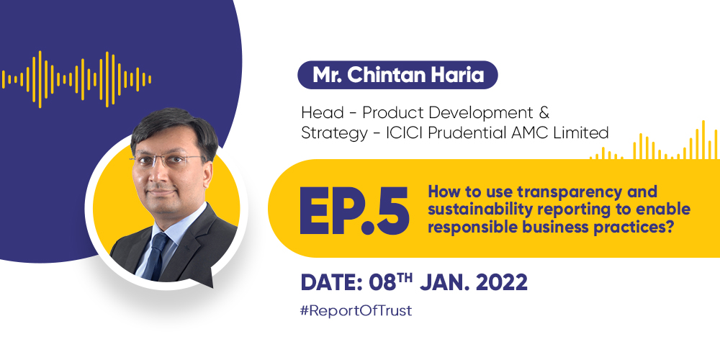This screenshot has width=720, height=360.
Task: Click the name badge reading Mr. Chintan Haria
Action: click(x=397, y=75)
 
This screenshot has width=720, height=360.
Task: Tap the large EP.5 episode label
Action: click(x=354, y=210)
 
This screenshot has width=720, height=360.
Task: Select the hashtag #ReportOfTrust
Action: click(x=356, y=311)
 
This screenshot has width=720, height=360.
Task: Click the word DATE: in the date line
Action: click(x=333, y=283)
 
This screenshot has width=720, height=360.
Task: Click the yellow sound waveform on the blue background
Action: click(x=76, y=79)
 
